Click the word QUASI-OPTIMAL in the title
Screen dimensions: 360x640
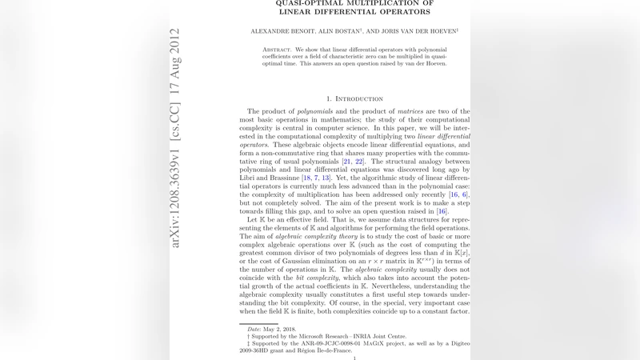(x=312, y=2)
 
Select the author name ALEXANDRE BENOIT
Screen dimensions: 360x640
(x=281, y=31)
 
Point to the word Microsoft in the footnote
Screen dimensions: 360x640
(x=314, y=336)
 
